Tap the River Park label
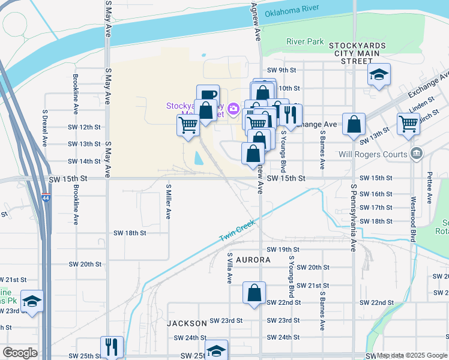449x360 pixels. pyautogui.click(x=305, y=42)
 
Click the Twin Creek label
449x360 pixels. pyautogui.click(x=237, y=231)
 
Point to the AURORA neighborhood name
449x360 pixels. pyautogui.click(x=253, y=260)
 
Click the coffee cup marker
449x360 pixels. pyautogui.click(x=208, y=95)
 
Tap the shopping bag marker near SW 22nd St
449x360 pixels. pyautogui.click(x=255, y=293)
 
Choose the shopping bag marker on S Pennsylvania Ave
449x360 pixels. pyautogui.click(x=355, y=124)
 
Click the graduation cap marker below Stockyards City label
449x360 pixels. pyautogui.click(x=379, y=75)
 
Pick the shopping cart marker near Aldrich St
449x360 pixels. pyautogui.click(x=408, y=124)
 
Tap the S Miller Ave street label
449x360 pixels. pyautogui.click(x=169, y=202)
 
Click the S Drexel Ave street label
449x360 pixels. pyautogui.click(x=45, y=127)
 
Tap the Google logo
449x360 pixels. pyautogui.click(x=20, y=353)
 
